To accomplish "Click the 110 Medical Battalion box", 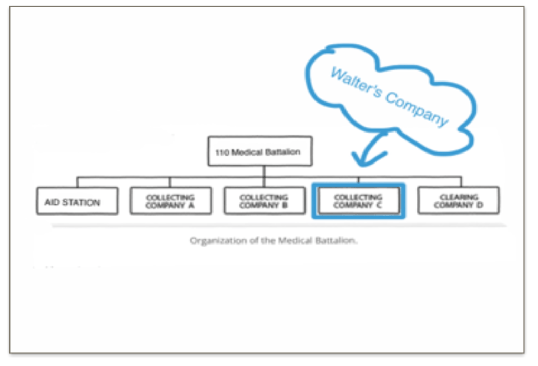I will pos(260,151).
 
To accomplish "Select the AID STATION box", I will pos(77,201).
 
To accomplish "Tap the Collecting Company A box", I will pos(170,201).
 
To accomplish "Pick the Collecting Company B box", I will pos(264,201).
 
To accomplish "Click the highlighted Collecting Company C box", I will pos(358,201).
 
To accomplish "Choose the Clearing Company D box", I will pos(458,200).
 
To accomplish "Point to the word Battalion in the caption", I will pos(340,241).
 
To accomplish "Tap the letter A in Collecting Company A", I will pos(191,205).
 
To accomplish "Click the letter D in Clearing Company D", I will pos(480,205).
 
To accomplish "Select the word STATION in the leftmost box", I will pos(84,201).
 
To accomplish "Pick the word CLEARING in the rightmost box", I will pos(459,197).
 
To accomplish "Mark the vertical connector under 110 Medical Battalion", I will pos(265,171).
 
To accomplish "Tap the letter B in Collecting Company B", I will pos(285,205).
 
